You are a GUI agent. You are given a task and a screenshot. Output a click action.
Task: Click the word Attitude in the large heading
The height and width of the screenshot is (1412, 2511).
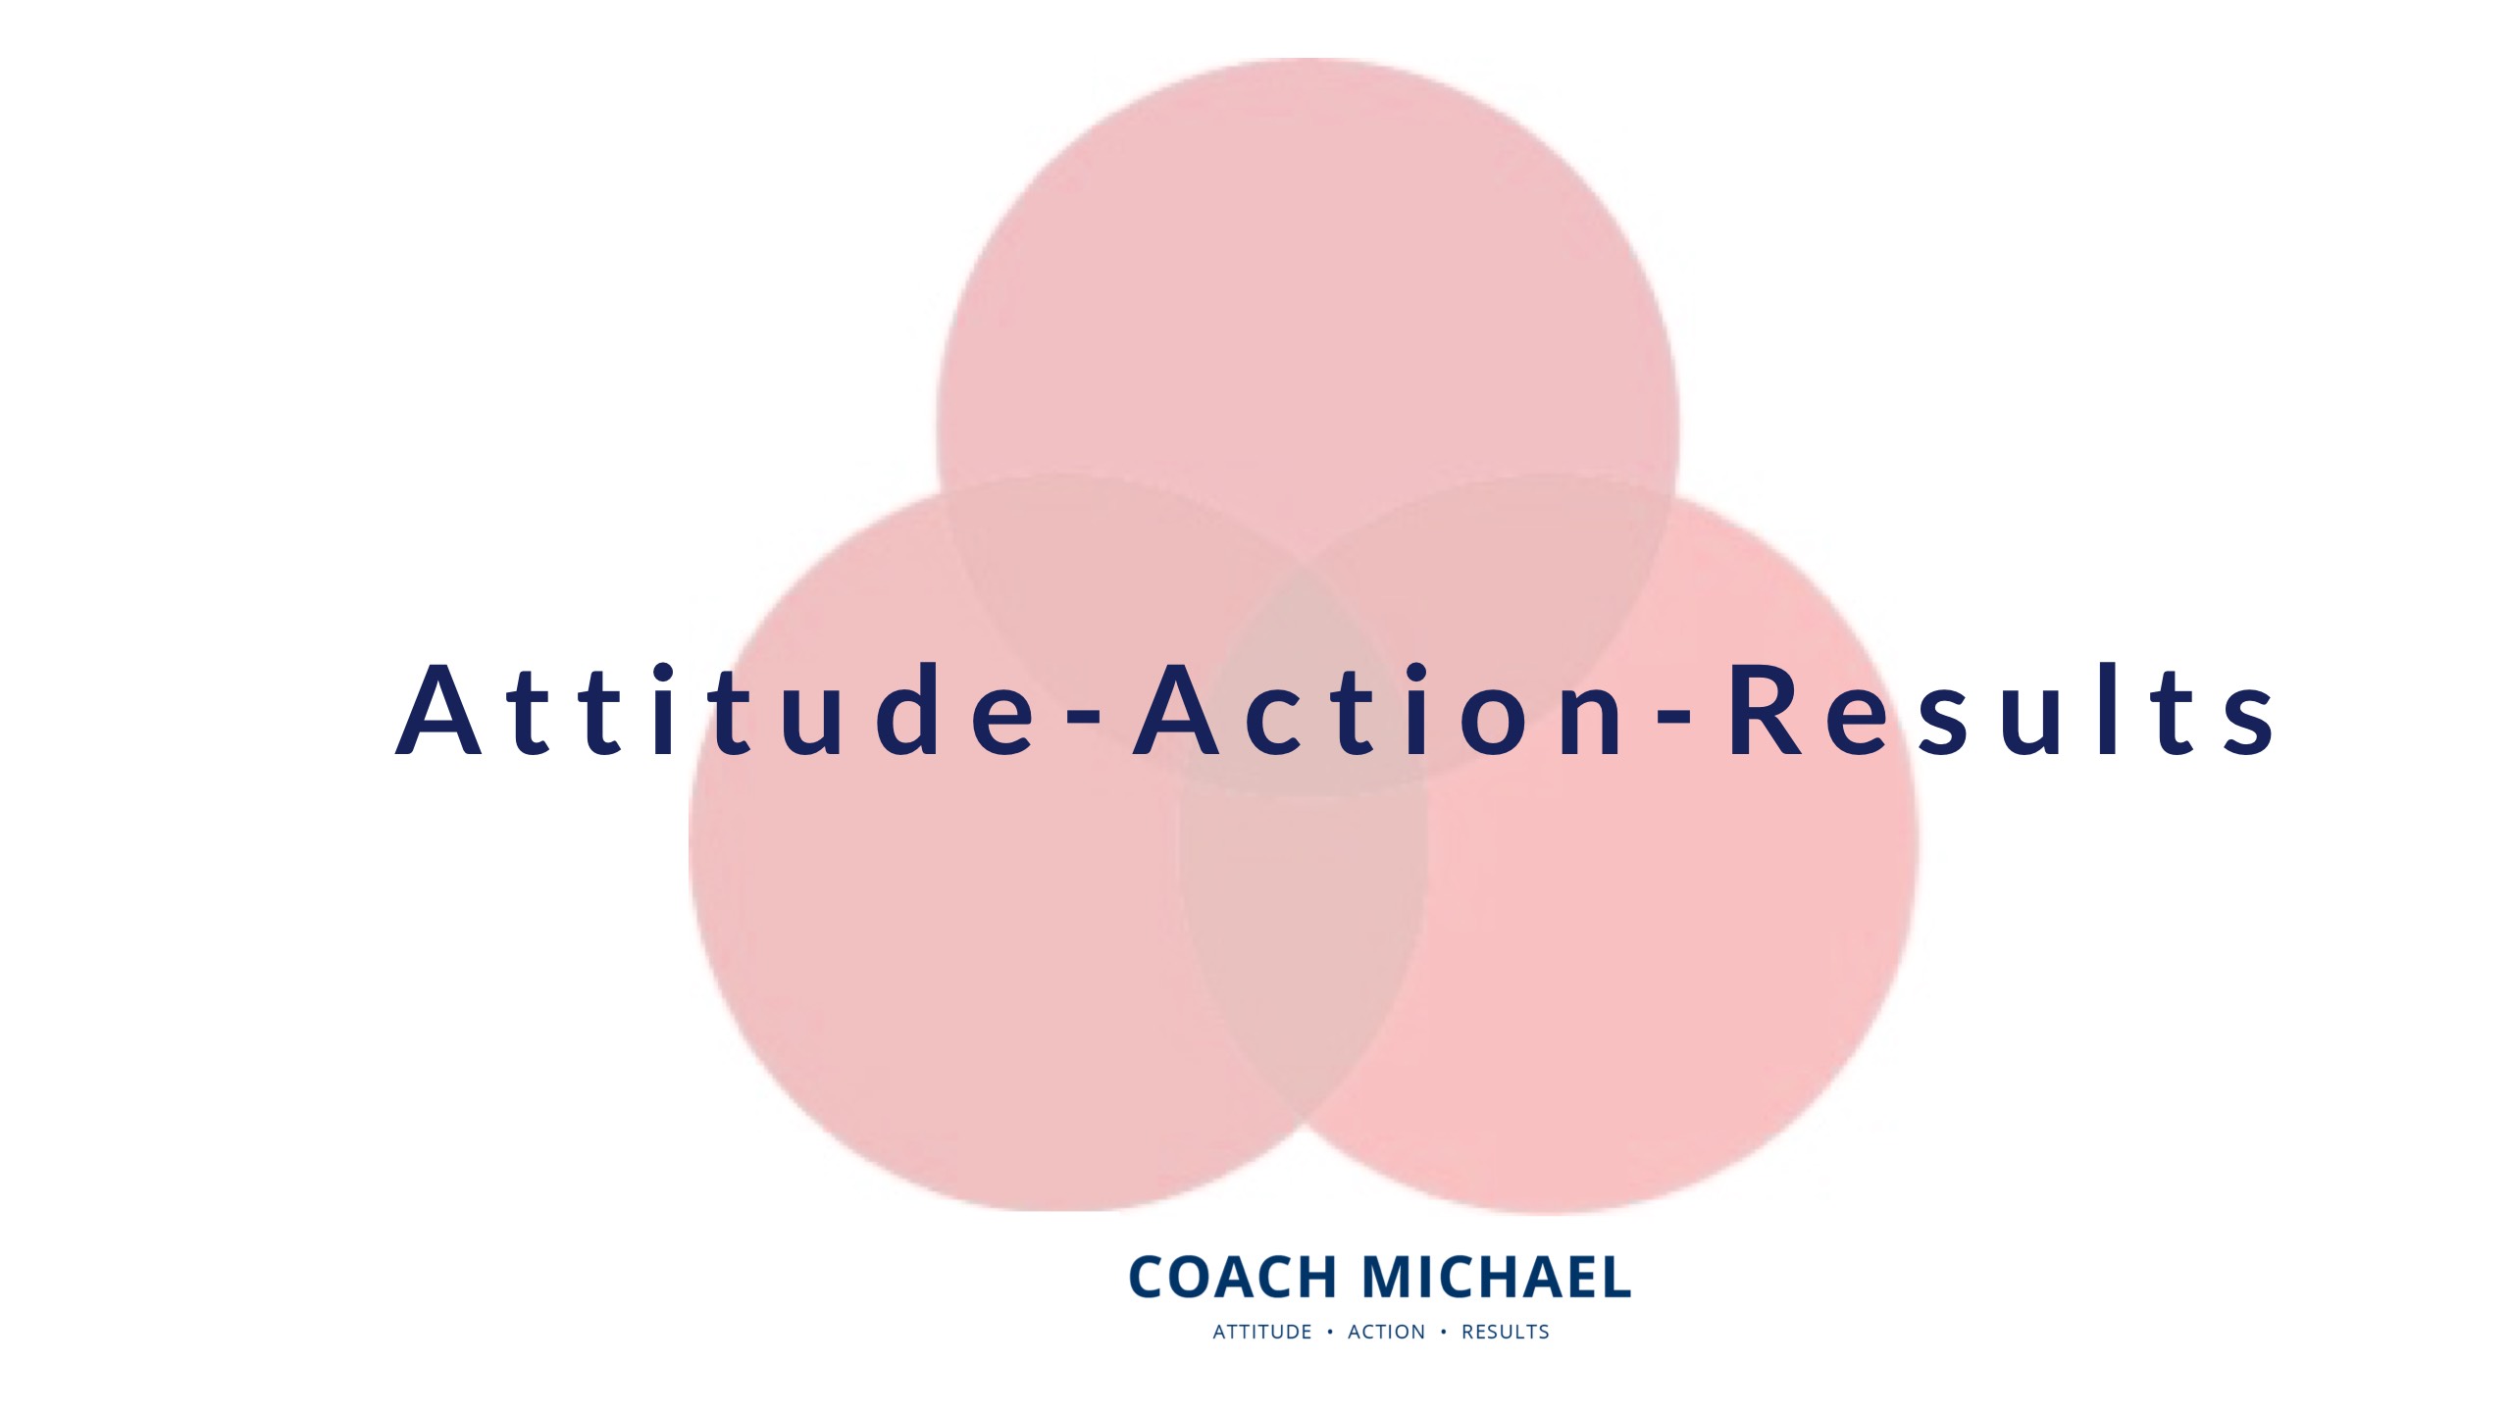pos(716,710)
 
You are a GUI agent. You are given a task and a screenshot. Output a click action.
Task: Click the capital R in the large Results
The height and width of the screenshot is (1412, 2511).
pos(1766,710)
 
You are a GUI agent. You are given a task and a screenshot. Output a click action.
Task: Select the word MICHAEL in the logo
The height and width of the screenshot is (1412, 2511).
pos(1496,1277)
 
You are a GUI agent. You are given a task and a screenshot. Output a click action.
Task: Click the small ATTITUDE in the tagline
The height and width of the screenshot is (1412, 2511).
pos(1262,1332)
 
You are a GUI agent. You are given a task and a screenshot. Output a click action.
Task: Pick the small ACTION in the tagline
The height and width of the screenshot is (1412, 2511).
pos(1386,1332)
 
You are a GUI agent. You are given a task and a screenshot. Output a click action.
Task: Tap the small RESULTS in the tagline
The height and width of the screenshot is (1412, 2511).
pos(1506,1332)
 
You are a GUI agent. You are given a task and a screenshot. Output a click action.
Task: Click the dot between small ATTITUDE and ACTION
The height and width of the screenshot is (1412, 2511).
pos(1330,1332)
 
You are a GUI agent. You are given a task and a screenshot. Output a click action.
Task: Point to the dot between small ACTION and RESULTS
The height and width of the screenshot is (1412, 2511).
pos(1443,1332)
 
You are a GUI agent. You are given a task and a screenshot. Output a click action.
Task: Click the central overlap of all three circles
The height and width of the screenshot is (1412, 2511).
pos(1303,686)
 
